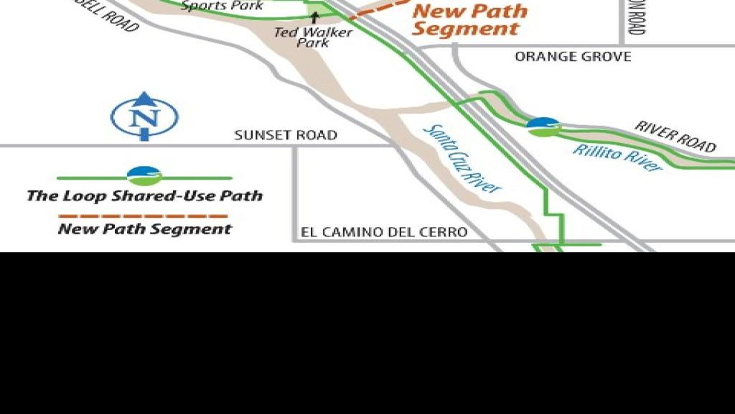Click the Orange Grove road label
click(573, 57)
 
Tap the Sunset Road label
click(286, 135)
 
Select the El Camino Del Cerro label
click(384, 232)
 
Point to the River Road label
click(675, 136)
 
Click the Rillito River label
click(617, 157)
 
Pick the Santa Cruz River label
click(462, 159)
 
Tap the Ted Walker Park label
click(313, 37)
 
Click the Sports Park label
click(222, 6)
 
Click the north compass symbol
click(144, 116)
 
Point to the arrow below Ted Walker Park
click(314, 16)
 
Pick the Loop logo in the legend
click(144, 175)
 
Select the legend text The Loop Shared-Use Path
click(144, 195)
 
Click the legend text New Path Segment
click(144, 229)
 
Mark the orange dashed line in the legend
click(144, 215)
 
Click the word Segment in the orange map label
click(466, 29)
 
